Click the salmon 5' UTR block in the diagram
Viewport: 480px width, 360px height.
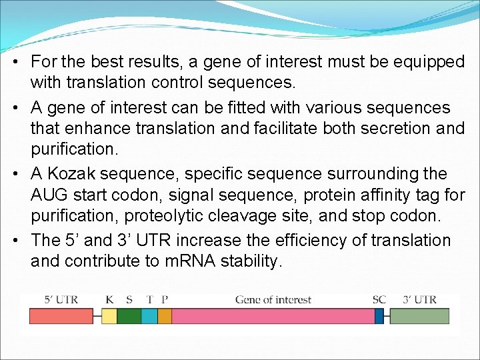[61, 315]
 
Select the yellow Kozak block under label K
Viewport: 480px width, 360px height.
[109, 315]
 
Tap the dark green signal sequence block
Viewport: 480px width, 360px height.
[129, 315]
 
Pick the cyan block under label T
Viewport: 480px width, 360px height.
[149, 315]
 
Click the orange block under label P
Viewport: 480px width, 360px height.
[165, 315]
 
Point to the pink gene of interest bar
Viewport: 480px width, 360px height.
[273, 315]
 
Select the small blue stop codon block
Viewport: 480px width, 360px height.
[379, 315]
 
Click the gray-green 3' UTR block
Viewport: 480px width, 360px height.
[419, 315]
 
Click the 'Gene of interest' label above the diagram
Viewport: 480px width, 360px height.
[273, 299]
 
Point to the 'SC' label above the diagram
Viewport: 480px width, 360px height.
[379, 299]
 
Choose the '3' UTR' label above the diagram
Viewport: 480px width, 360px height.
[420, 299]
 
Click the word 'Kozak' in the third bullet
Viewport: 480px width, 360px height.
[70, 173]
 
